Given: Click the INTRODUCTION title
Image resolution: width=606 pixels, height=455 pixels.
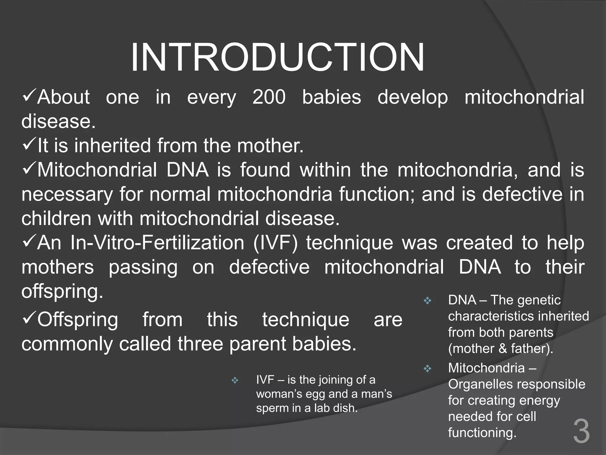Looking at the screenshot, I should (x=277, y=57).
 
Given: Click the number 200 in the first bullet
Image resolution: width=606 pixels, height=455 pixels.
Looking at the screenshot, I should (x=269, y=97).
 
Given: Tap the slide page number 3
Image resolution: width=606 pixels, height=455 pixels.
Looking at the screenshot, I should (x=581, y=432).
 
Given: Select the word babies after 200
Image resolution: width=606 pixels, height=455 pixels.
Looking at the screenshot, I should (x=331, y=97).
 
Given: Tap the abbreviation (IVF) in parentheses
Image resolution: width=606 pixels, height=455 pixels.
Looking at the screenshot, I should (x=275, y=243).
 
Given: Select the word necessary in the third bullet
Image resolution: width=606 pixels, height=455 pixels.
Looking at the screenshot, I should (x=67, y=195).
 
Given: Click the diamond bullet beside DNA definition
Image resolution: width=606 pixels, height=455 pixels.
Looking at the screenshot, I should (x=427, y=301).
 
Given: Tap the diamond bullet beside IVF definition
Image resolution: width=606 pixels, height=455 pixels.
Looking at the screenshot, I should (x=235, y=380).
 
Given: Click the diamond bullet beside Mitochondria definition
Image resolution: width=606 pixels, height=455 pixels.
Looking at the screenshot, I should (x=427, y=369).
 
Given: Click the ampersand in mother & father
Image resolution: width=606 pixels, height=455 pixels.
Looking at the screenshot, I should (x=503, y=349).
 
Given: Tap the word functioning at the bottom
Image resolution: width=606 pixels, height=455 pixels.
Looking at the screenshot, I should (x=482, y=433).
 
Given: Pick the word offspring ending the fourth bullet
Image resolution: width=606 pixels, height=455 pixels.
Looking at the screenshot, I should (x=62, y=292).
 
